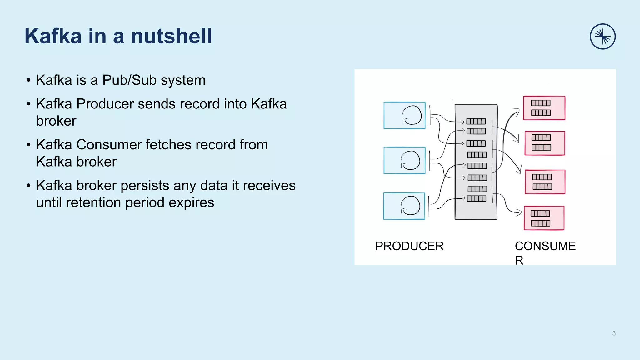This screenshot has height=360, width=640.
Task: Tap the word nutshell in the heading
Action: pyautogui.click(x=171, y=36)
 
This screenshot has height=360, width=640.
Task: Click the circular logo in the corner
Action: pyautogui.click(x=602, y=37)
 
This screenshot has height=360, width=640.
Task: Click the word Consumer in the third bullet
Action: pyautogui.click(x=109, y=145)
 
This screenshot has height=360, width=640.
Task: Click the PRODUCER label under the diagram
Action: pyautogui.click(x=409, y=246)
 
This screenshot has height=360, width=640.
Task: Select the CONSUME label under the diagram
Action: pyautogui.click(x=545, y=246)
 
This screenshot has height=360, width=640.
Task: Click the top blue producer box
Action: pyautogui.click(x=404, y=115)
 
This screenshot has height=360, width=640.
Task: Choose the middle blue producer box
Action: pyautogui.click(x=404, y=160)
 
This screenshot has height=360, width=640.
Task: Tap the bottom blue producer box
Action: pyautogui.click(x=404, y=206)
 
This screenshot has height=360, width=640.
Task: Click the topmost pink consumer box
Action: pyautogui.click(x=544, y=108)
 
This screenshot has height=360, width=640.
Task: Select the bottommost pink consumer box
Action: pyautogui.click(x=544, y=218)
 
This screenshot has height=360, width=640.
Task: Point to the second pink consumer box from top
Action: pyautogui.click(x=545, y=143)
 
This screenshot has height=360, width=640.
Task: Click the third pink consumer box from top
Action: pyautogui.click(x=545, y=182)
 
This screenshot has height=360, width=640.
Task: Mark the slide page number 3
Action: pyautogui.click(x=614, y=333)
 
